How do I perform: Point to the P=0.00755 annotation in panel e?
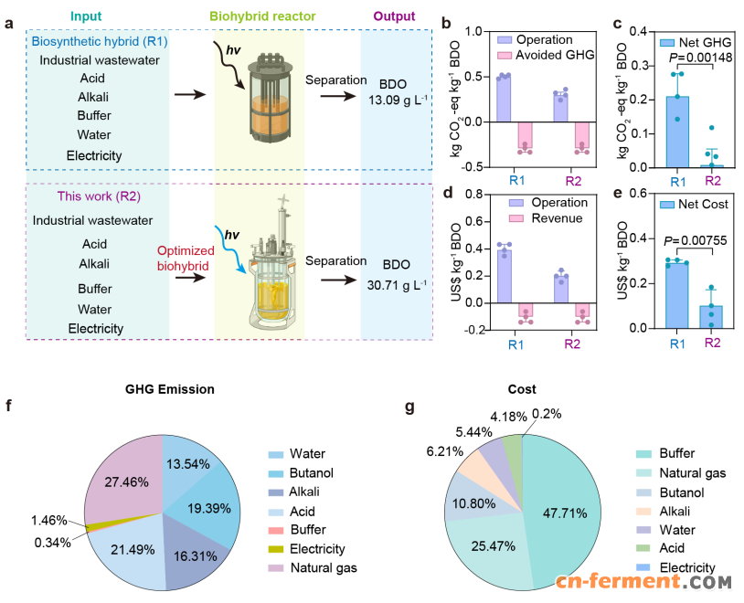pos(674,241)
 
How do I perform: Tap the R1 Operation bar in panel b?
pos(504,98)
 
